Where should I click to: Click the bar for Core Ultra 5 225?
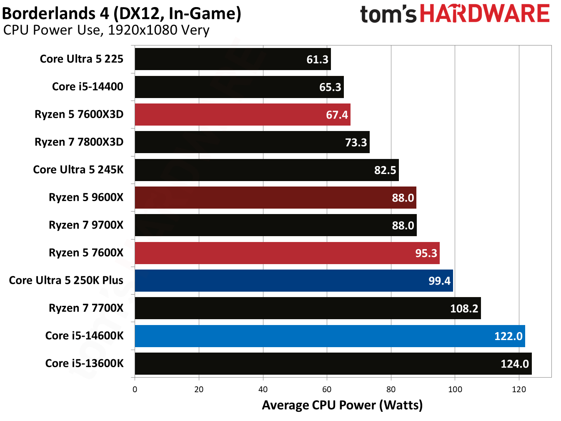pyautogui.click(x=233, y=59)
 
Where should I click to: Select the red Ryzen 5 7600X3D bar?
pyautogui.click(x=242, y=115)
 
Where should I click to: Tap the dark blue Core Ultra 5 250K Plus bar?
pyautogui.click(x=293, y=280)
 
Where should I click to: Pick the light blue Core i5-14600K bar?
pyautogui.click(x=329, y=336)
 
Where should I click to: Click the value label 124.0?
pyautogui.click(x=514, y=364)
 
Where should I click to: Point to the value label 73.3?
pyautogui.click(x=356, y=142)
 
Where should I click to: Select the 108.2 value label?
pyautogui.click(x=464, y=308)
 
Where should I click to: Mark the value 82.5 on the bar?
pyautogui.click(x=385, y=170)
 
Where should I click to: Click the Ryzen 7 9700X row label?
pyautogui.click(x=86, y=225)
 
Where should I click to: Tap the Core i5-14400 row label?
pyautogui.click(x=88, y=86)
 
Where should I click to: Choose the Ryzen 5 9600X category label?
pyautogui.click(x=86, y=197)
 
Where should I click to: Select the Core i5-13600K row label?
pyautogui.click(x=84, y=363)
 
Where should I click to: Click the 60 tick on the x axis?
pyautogui.click(x=327, y=389)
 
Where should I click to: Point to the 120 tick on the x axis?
pyautogui.click(x=519, y=389)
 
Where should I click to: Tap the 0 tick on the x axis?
pyautogui.click(x=135, y=389)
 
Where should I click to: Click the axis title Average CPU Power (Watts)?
pyautogui.click(x=342, y=405)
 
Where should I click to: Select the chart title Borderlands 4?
pyautogui.click(x=121, y=13)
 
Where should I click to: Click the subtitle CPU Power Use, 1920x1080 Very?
pyautogui.click(x=106, y=30)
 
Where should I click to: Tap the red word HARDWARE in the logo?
pyautogui.click(x=484, y=14)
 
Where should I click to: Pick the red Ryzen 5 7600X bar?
pyautogui.click(x=287, y=253)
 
